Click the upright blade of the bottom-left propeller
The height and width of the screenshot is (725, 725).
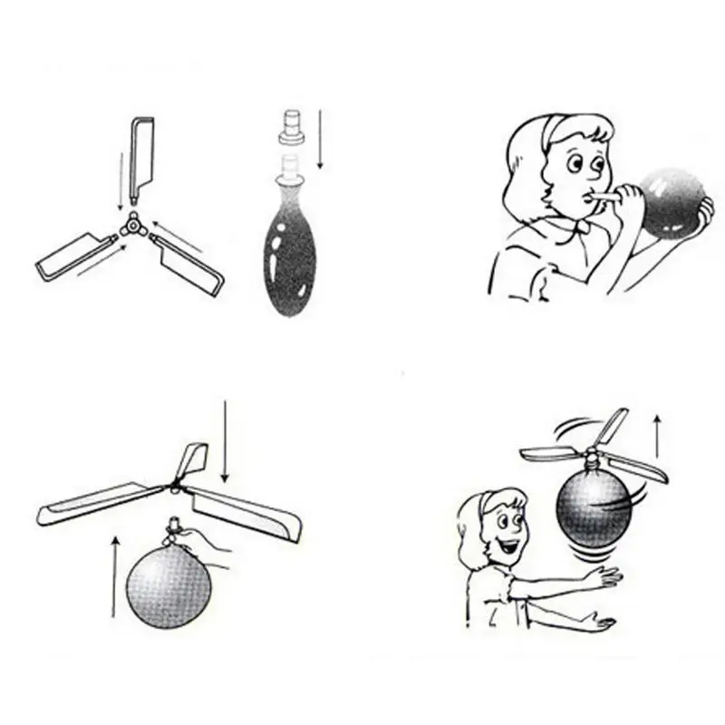coord(191,461)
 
